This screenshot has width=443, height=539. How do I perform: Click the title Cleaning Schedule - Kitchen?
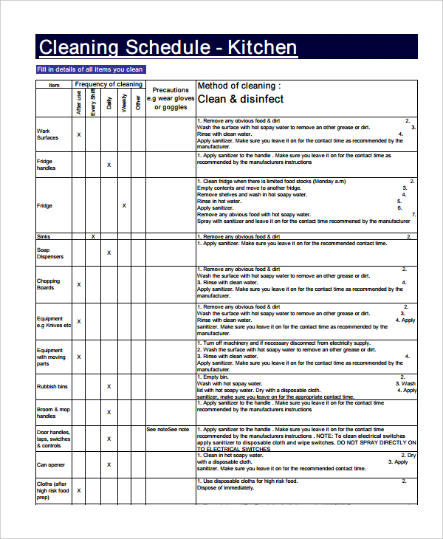tap(168, 48)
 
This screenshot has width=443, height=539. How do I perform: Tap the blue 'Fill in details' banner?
tap(90, 69)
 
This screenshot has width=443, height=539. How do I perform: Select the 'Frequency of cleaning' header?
tap(109, 84)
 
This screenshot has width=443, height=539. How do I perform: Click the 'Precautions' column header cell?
tap(171, 98)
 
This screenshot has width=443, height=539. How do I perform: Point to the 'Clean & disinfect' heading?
tap(240, 99)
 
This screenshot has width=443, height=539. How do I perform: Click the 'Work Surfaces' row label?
tap(47, 134)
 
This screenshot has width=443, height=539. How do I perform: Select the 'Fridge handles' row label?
tap(46, 165)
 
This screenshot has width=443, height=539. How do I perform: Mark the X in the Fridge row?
tap(124, 206)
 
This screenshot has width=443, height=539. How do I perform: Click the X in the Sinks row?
tap(93, 236)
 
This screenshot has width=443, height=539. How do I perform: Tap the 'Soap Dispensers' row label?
tap(49, 253)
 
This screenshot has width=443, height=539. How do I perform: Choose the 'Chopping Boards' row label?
tap(48, 284)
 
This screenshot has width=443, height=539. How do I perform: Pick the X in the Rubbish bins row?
tap(109, 386)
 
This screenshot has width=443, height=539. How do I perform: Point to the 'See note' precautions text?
tap(168, 429)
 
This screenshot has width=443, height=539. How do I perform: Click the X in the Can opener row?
tap(109, 465)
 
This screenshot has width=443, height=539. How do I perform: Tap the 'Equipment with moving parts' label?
tap(50, 357)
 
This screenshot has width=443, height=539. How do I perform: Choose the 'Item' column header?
tap(54, 85)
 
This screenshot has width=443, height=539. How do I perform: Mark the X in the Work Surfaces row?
tap(79, 134)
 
